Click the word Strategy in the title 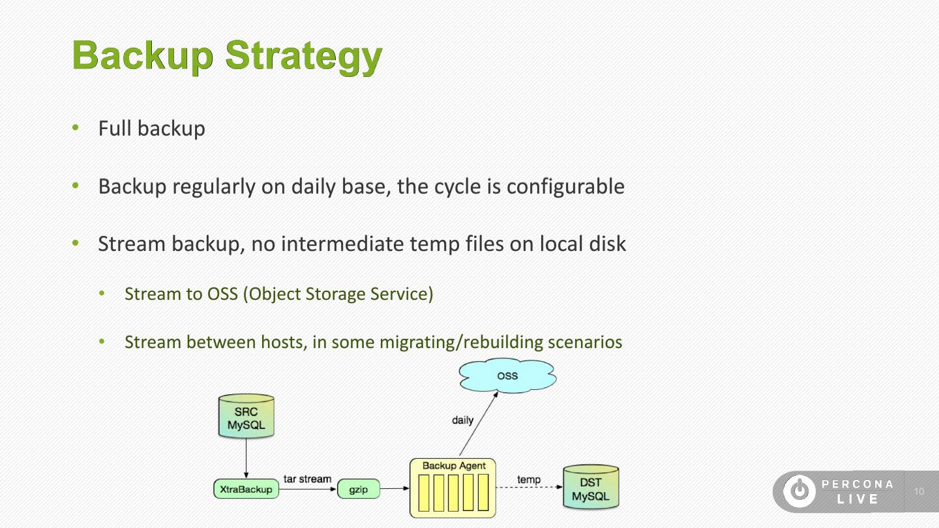tap(303, 56)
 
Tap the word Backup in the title tap(142, 56)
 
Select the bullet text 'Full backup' tap(151, 128)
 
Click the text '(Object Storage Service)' tap(338, 293)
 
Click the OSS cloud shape tap(507, 376)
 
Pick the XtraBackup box tap(246, 489)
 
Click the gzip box tap(358, 489)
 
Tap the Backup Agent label tap(454, 465)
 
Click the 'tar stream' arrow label tap(307, 479)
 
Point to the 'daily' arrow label tap(462, 420)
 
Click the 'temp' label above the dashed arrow tap(529, 480)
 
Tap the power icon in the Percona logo tap(799, 491)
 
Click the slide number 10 tap(919, 491)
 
